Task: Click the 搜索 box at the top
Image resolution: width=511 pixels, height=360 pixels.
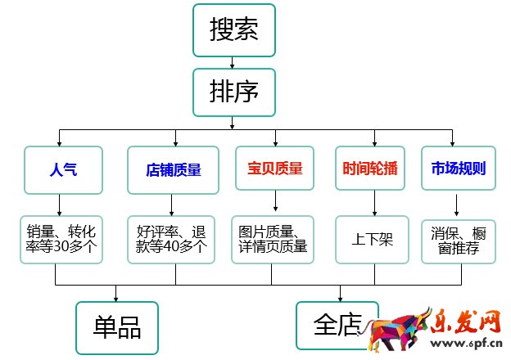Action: pyautogui.click(x=233, y=30)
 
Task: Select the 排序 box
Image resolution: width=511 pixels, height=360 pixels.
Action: pyautogui.click(x=233, y=91)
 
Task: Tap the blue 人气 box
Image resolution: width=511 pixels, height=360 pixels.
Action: pyautogui.click(x=63, y=169)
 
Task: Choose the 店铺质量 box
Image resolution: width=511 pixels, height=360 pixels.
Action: pyautogui.click(x=173, y=169)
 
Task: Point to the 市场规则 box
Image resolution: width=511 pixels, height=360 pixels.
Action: pyautogui.click(x=458, y=169)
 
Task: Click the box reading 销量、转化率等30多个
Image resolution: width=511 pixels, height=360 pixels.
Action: pyautogui.click(x=63, y=239)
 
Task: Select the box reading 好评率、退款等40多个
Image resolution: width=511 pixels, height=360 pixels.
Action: pyautogui.click(x=172, y=239)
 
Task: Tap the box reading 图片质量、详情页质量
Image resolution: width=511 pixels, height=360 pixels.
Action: pyautogui.click(x=274, y=239)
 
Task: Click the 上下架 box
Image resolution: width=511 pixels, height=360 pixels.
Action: pyautogui.click(x=373, y=240)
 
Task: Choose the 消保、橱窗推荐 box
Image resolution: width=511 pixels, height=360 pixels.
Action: pyautogui.click(x=458, y=239)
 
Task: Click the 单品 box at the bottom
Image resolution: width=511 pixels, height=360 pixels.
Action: pyautogui.click(x=119, y=327)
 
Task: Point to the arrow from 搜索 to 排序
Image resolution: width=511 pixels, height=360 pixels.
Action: pyautogui.click(x=233, y=61)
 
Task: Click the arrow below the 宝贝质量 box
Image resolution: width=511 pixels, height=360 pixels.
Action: pyautogui.click(x=274, y=201)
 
